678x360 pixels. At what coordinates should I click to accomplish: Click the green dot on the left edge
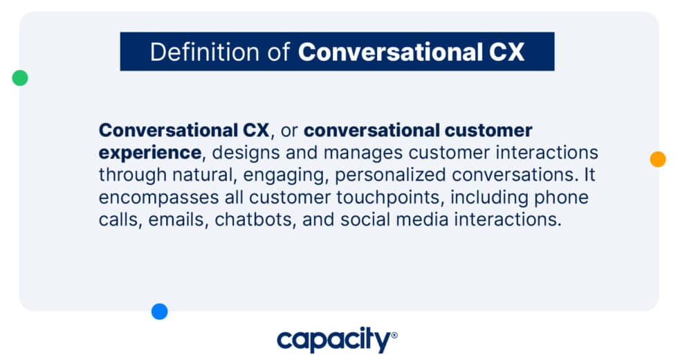pyautogui.click(x=20, y=78)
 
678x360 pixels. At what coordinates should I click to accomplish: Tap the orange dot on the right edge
pyautogui.click(x=658, y=159)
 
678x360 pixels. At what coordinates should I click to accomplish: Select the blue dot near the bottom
pyautogui.click(x=160, y=312)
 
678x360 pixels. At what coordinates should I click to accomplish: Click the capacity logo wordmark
pyautogui.click(x=333, y=340)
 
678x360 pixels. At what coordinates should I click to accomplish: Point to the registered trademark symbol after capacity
pyautogui.click(x=394, y=335)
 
